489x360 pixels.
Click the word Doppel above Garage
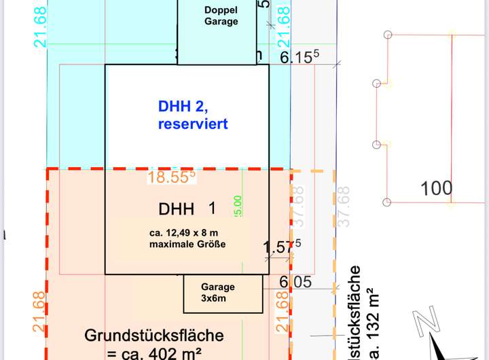point(221,10)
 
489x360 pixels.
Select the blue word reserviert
point(193,124)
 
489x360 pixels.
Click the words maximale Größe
point(187,245)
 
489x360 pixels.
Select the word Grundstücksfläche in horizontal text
point(154,336)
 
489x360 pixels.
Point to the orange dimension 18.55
point(172,177)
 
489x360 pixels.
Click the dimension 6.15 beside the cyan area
point(300,58)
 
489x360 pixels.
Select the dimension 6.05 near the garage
point(295,281)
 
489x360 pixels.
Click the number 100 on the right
point(437,188)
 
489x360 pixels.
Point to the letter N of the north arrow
point(425,320)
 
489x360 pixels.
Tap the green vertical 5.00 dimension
point(238,206)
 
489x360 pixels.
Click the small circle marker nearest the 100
point(387,202)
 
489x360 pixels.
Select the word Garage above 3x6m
point(217,287)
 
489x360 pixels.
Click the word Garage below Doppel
point(221,21)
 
